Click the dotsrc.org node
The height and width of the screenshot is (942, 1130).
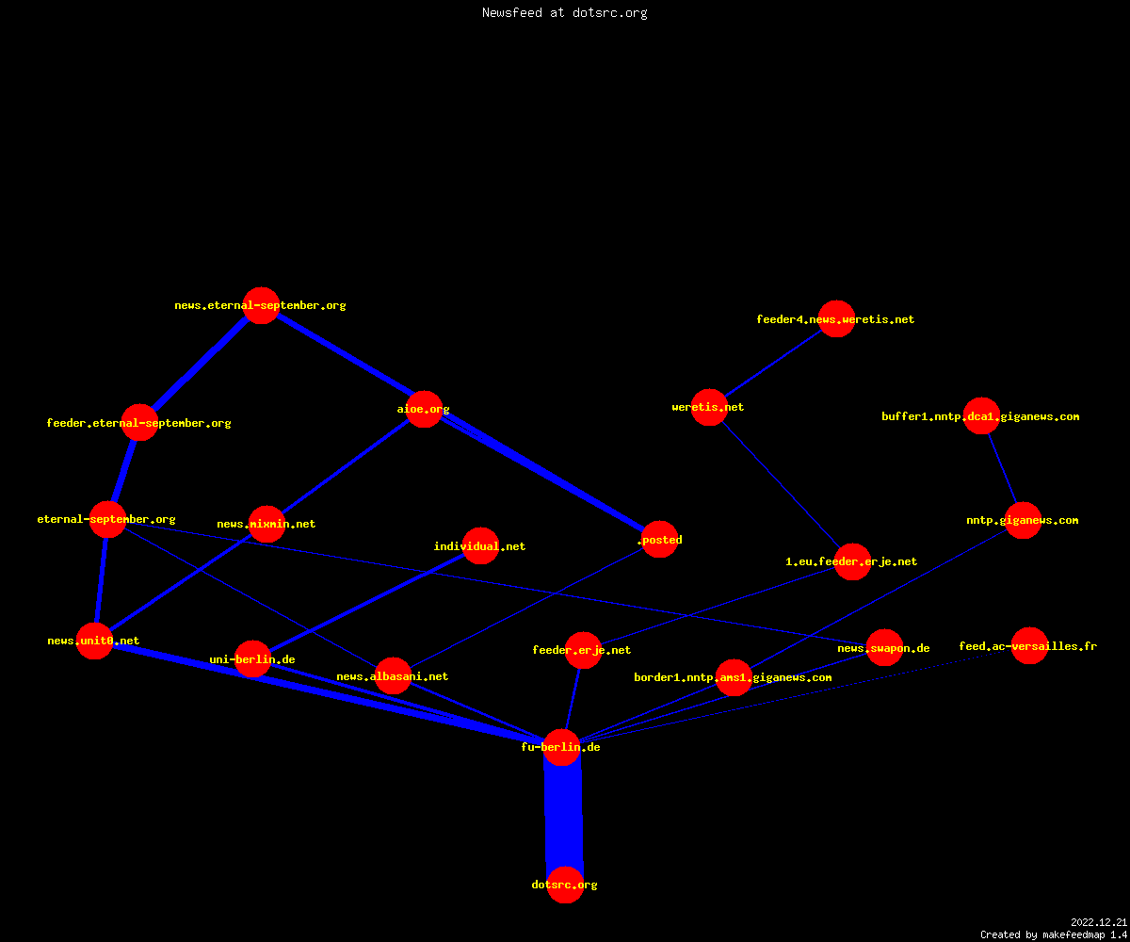(565, 885)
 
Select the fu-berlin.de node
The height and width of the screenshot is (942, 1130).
(562, 747)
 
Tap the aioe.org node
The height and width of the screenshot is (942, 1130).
(424, 409)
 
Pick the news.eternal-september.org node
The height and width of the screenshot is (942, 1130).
(261, 305)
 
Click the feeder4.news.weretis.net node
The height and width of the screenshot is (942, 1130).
(836, 319)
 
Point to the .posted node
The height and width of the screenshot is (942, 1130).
(659, 539)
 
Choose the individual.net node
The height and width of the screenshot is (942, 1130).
(480, 545)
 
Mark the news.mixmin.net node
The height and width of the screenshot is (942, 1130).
(266, 524)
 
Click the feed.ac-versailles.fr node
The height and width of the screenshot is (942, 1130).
(1029, 646)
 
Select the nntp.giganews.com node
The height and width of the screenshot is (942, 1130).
(1023, 520)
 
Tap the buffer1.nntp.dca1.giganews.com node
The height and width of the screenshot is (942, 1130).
(981, 415)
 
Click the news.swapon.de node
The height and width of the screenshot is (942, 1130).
(884, 647)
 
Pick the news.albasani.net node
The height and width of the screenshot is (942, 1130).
(393, 675)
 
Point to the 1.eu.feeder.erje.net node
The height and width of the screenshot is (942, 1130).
(852, 561)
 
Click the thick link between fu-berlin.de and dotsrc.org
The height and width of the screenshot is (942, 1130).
(563, 816)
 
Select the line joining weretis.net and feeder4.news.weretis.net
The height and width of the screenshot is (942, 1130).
(773, 363)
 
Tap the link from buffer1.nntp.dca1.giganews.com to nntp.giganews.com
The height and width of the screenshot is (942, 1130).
(1002, 468)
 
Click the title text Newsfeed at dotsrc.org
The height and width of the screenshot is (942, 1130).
(564, 13)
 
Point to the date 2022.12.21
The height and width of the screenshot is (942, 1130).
(1099, 922)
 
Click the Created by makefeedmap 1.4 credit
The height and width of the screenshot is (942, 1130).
(1054, 934)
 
